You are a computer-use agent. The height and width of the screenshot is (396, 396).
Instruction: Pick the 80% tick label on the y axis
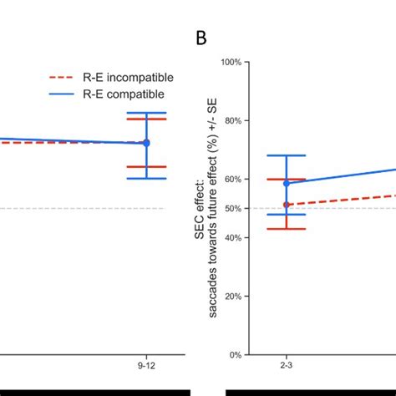(x=233, y=121)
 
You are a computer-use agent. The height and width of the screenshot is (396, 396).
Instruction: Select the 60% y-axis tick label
(x=233, y=180)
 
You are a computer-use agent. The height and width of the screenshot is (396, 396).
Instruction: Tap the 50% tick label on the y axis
(x=233, y=209)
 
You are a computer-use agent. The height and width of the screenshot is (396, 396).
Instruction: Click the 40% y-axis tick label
(x=233, y=238)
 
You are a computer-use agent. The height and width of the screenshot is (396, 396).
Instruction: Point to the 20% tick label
(x=233, y=297)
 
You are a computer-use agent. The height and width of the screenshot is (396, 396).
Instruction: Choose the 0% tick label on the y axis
(x=236, y=355)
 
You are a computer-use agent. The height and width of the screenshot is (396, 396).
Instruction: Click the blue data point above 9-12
(x=146, y=143)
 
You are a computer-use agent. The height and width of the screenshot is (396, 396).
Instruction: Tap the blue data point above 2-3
(x=286, y=183)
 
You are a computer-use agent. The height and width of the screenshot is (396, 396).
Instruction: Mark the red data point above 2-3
(x=286, y=205)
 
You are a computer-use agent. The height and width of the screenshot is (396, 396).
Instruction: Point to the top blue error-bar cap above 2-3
(x=286, y=155)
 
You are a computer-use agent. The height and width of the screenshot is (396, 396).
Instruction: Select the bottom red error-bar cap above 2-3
(x=286, y=229)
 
